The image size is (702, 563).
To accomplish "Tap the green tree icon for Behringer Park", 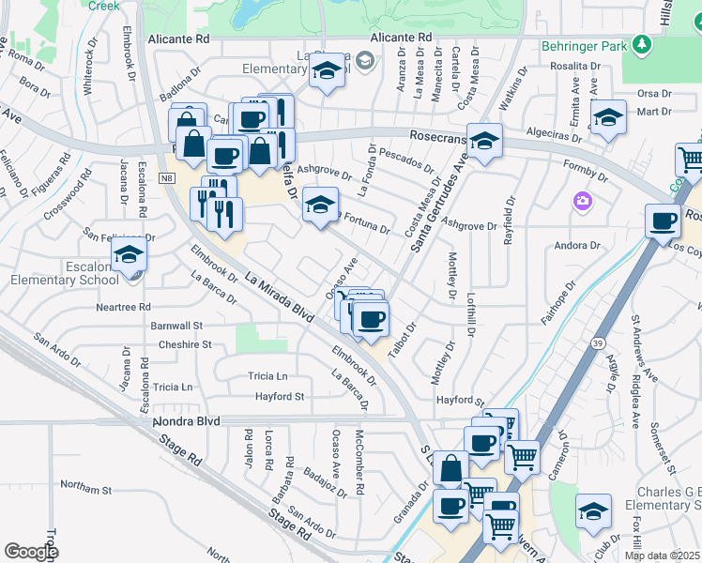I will click(642, 44).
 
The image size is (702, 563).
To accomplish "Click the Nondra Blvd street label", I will click(186, 421).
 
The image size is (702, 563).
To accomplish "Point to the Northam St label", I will click(85, 489).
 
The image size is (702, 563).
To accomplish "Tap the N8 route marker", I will click(167, 177).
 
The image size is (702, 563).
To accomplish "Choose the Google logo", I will click(31, 552).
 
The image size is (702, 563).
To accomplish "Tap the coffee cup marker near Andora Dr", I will click(664, 222).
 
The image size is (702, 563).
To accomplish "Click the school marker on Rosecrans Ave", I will click(484, 142).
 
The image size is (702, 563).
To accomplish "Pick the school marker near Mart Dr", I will click(608, 117).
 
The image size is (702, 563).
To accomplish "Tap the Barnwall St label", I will click(176, 326).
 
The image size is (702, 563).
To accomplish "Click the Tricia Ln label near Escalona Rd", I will click(173, 387).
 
